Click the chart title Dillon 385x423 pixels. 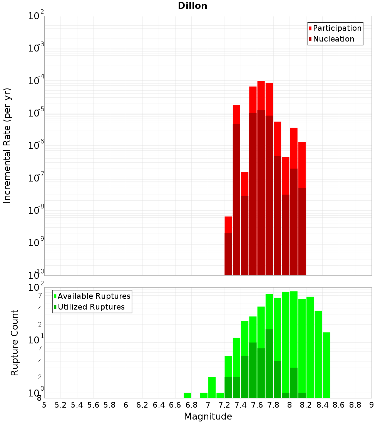(x=192, y=6)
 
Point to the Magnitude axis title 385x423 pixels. (x=208, y=416)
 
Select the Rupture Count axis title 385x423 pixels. (x=15, y=343)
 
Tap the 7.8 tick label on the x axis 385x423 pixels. (x=273, y=405)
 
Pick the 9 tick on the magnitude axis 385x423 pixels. (x=372, y=405)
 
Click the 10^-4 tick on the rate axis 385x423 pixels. (x=36, y=81)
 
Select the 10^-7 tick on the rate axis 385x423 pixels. (x=36, y=178)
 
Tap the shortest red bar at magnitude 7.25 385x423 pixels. (x=228, y=225)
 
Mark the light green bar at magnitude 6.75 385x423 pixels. (x=187, y=395)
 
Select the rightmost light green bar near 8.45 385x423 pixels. (x=326, y=365)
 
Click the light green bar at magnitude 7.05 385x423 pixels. (x=212, y=387)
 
